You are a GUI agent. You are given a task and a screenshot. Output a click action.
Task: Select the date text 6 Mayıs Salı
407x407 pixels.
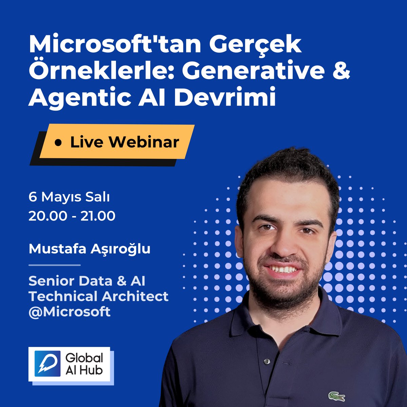pos(69,197)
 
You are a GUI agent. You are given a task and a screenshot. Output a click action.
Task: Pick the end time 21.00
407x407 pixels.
pos(98,216)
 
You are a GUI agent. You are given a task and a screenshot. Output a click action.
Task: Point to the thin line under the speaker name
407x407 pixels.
pos(54,265)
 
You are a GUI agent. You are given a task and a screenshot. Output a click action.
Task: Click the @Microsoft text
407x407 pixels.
pos(70,312)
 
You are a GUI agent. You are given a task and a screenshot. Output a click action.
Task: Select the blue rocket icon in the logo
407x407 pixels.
pos(47,364)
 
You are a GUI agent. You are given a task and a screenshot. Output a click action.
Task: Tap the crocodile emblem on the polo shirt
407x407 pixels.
pos(336,396)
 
